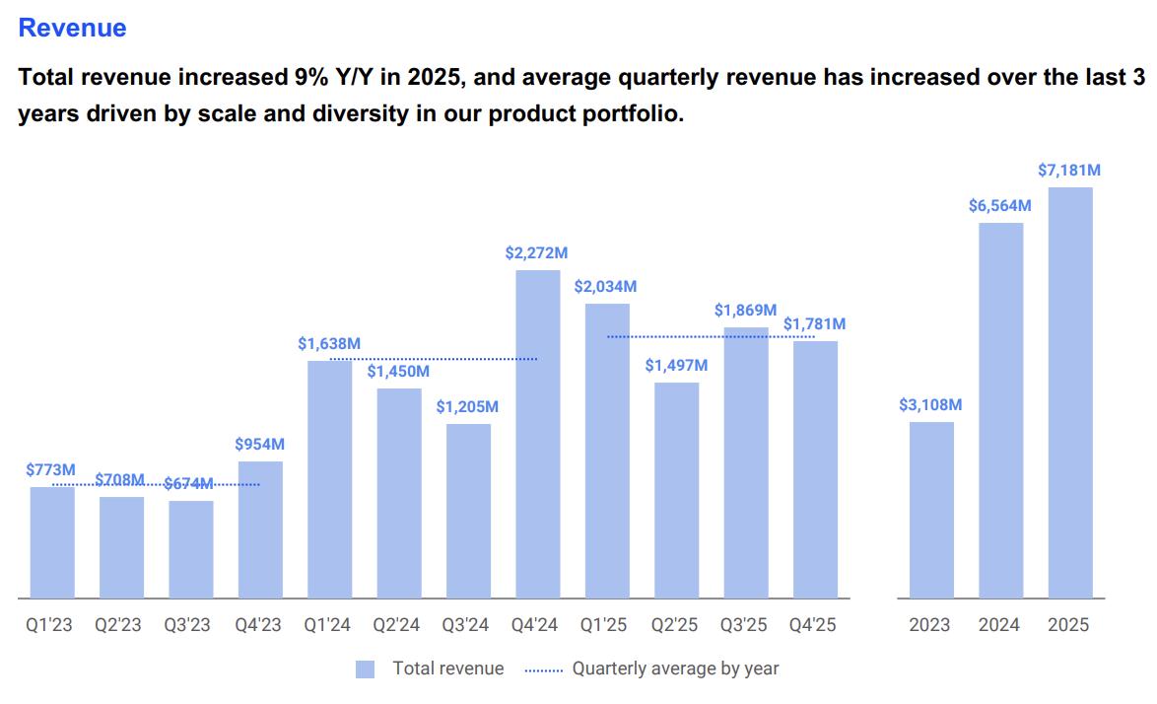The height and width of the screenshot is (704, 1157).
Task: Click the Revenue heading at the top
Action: coord(72,28)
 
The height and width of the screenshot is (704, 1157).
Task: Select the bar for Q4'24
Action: coord(538,434)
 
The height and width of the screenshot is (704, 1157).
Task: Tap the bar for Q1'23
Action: coord(52,542)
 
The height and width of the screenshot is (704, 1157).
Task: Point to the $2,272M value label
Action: coord(536,253)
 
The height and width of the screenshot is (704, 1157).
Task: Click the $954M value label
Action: coord(260,445)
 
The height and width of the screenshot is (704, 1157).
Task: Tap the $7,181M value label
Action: coord(1069,171)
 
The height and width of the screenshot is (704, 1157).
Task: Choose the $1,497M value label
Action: coord(676,366)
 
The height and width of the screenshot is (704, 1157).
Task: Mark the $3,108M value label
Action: coord(930,405)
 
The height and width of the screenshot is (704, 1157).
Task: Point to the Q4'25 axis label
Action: coord(815,625)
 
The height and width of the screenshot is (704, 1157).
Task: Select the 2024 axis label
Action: coord(1000,625)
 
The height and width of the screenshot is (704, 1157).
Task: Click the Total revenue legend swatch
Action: coord(366,669)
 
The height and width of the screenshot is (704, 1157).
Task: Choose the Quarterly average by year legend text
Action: coord(675,669)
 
